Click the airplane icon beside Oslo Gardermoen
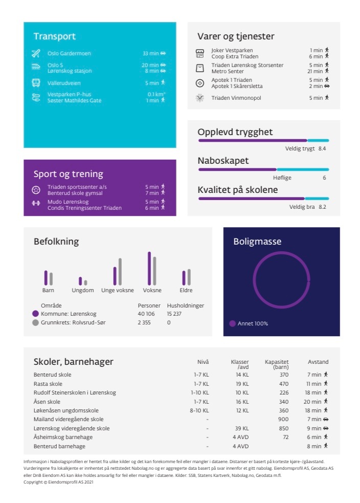(36, 53)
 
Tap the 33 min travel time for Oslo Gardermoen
(151, 53)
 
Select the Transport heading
(55, 36)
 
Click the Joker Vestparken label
(232, 50)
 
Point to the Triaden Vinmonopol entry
(236, 98)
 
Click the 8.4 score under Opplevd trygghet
(322, 148)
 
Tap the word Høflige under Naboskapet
(282, 178)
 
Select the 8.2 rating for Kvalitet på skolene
(322, 207)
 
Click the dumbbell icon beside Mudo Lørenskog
(36, 203)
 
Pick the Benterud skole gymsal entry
(75, 193)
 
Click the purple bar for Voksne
(149, 269)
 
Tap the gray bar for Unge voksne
(120, 272)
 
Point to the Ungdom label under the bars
(83, 290)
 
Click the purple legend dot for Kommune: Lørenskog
(36, 314)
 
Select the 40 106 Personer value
(146, 314)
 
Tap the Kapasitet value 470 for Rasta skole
(284, 384)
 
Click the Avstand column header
(318, 362)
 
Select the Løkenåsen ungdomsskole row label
(66, 410)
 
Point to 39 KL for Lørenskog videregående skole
(242, 428)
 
